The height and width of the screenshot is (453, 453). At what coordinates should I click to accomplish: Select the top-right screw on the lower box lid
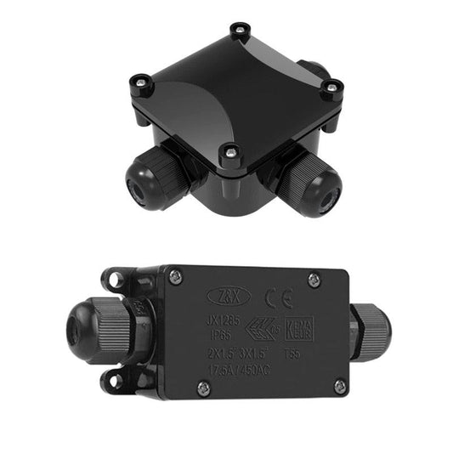314,280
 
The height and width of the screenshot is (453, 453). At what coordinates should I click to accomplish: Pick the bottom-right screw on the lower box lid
339,387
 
